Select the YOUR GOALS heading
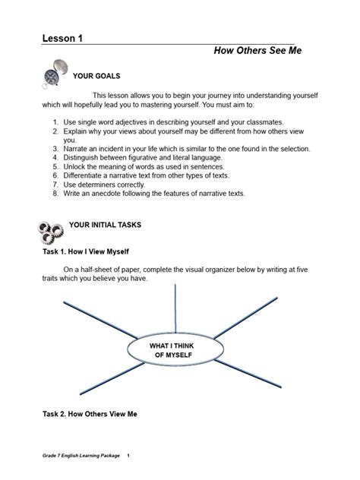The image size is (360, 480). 96,77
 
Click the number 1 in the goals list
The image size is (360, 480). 55,122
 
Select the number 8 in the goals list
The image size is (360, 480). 55,194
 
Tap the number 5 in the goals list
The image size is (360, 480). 55,166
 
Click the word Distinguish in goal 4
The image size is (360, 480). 84,156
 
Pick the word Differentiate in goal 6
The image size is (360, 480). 87,175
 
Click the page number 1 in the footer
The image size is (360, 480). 128,456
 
